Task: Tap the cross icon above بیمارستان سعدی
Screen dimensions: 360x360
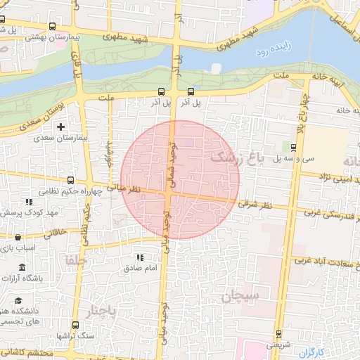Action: point(62,127)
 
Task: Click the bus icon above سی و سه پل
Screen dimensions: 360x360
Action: point(292,146)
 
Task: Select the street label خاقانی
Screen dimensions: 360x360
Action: point(56,231)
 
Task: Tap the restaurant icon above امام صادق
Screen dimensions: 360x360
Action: point(139,258)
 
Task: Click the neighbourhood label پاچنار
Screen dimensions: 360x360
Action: point(103,310)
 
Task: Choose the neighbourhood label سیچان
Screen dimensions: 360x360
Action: point(240,297)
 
